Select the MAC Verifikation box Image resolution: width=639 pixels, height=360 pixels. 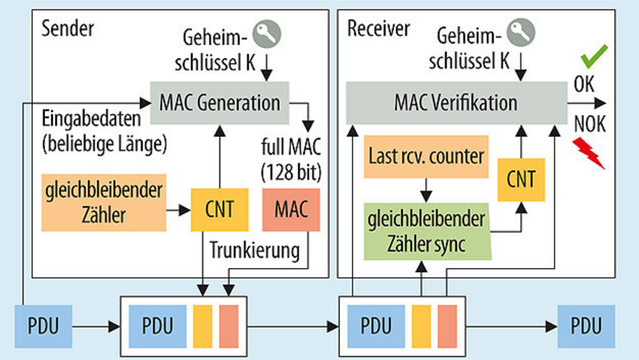click(457, 103)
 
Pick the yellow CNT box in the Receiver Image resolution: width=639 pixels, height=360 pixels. click(521, 178)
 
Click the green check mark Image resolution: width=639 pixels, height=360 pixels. click(594, 56)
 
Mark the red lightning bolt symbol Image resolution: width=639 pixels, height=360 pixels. click(590, 153)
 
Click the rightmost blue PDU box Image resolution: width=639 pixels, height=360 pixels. click(586, 327)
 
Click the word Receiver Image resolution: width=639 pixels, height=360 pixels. click(379, 29)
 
